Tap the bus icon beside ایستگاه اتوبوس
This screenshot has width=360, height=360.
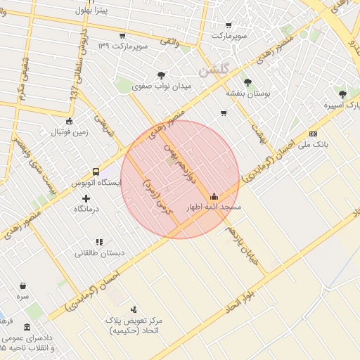click(96, 172)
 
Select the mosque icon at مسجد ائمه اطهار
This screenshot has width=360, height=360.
click(214, 196)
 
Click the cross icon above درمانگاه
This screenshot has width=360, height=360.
click(86, 198)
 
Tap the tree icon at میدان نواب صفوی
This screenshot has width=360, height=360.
click(162, 75)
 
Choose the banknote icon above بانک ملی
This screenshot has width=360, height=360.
click(313, 133)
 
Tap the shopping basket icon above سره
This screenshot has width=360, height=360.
click(23, 285)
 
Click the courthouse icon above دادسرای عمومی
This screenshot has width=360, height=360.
click(27, 327)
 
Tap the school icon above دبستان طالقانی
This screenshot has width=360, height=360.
click(99, 242)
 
